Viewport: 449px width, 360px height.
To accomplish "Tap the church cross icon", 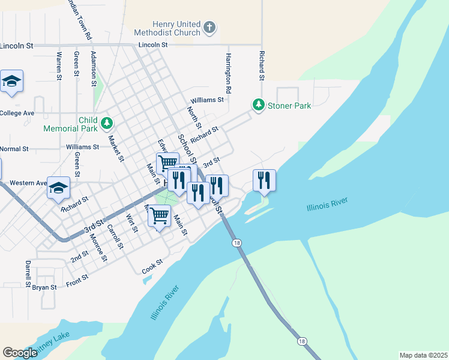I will click(209, 27).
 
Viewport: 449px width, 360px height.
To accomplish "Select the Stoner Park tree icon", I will click(258, 106).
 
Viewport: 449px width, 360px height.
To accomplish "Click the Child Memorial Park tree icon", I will click(107, 124).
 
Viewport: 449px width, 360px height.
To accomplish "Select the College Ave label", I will click(17, 113).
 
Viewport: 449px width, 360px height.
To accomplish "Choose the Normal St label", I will click(14, 149).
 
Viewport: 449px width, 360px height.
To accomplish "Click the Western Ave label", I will click(28, 182).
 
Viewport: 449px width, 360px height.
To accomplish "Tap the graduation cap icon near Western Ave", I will click(59, 188).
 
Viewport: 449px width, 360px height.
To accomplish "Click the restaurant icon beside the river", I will click(264, 180).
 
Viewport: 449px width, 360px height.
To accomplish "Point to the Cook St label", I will click(152, 267).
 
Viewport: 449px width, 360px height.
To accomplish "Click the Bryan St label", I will click(44, 287).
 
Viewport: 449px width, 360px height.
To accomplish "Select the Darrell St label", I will click(28, 272).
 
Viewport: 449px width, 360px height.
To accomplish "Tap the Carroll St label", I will click(115, 236).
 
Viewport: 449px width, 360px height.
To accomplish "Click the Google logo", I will click(20, 353).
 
